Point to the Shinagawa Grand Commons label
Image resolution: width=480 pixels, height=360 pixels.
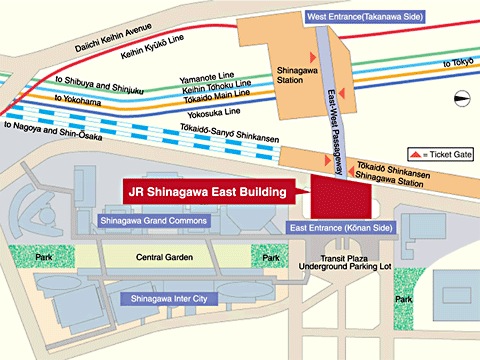(x=152, y=220)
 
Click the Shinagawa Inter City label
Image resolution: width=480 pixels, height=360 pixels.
(x=164, y=298)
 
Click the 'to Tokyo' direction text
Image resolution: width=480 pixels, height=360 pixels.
(x=455, y=62)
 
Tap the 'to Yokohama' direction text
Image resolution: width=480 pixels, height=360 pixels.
(x=79, y=99)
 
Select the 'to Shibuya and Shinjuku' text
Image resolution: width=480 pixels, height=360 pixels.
(x=97, y=86)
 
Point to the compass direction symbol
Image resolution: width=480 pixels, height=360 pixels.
(x=460, y=97)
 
